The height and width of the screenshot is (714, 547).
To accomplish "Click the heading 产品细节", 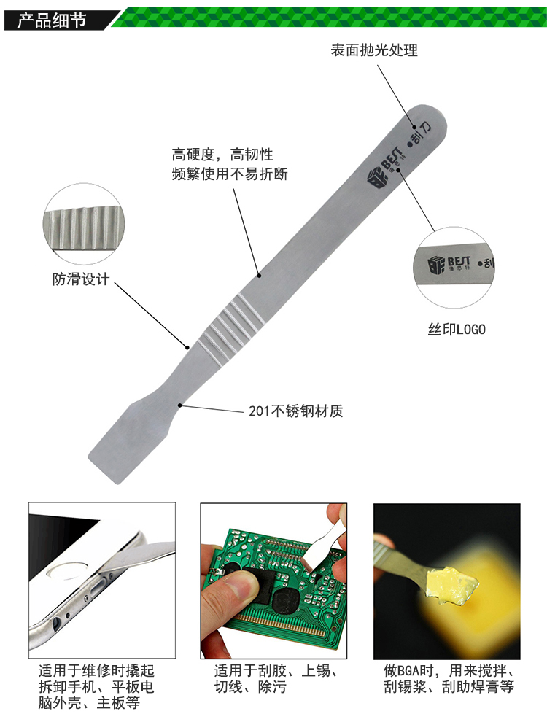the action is [52, 20].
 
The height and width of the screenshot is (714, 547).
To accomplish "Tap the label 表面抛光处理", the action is [374, 50].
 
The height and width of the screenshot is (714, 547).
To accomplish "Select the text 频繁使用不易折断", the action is [230, 174].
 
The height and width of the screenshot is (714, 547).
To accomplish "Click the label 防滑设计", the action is [81, 279].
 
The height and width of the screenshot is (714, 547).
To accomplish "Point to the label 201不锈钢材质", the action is [295, 411].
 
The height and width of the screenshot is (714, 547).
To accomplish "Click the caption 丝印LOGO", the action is [457, 329].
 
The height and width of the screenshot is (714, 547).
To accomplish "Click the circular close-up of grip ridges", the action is [84, 224].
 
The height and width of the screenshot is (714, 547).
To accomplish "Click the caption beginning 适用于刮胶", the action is [276, 678].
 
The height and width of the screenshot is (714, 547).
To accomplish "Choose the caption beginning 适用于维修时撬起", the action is [96, 686].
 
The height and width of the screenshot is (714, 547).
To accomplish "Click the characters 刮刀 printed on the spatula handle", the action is [420, 134].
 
